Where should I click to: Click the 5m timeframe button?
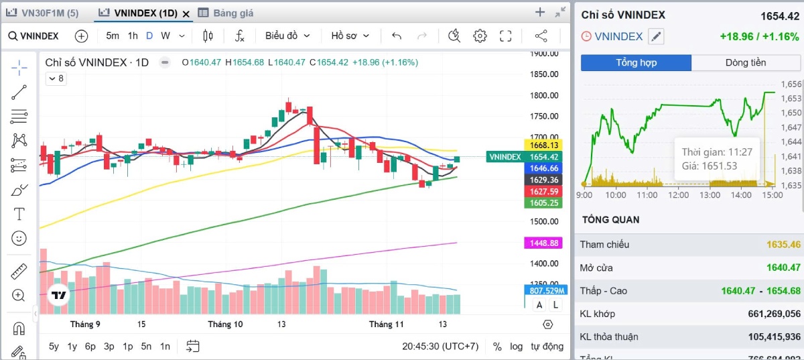tap(113, 36)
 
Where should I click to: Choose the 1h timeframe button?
tap(133, 36)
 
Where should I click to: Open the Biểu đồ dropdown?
tap(287, 36)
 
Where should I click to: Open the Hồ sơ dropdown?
tap(349, 36)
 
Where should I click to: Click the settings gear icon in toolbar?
tap(480, 36)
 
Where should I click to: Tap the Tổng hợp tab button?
tap(636, 63)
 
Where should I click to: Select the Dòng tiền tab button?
tap(745, 63)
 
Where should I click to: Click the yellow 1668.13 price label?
tap(543, 145)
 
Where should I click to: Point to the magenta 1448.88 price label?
tap(543, 243)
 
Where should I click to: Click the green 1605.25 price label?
tap(543, 202)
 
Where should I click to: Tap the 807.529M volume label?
tap(543, 291)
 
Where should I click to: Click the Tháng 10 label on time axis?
tap(225, 324)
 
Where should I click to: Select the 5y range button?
tap(54, 347)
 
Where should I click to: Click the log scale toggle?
tap(516, 347)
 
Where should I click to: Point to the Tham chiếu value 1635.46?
tap(783, 245)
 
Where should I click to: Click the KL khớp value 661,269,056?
tap(774, 314)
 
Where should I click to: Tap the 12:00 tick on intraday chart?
tap(679, 195)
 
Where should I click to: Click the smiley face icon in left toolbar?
tap(19, 238)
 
